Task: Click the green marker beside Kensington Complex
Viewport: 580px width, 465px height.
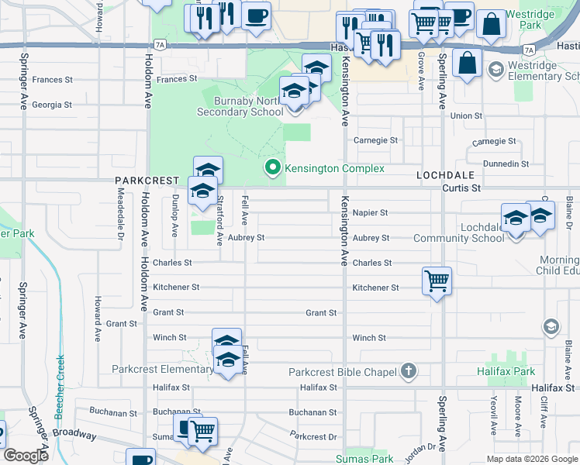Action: (272, 167)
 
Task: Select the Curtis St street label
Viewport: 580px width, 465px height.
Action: (462, 188)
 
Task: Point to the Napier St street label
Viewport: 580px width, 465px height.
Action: (370, 212)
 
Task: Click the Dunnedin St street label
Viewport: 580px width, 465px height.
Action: (505, 164)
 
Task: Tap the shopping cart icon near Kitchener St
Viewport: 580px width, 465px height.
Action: (437, 281)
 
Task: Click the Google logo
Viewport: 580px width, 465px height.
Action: (26, 456)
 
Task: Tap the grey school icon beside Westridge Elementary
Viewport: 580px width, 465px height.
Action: (495, 71)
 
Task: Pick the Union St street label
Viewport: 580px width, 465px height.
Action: (467, 116)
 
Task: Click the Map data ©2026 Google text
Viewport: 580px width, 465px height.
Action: (532, 459)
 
